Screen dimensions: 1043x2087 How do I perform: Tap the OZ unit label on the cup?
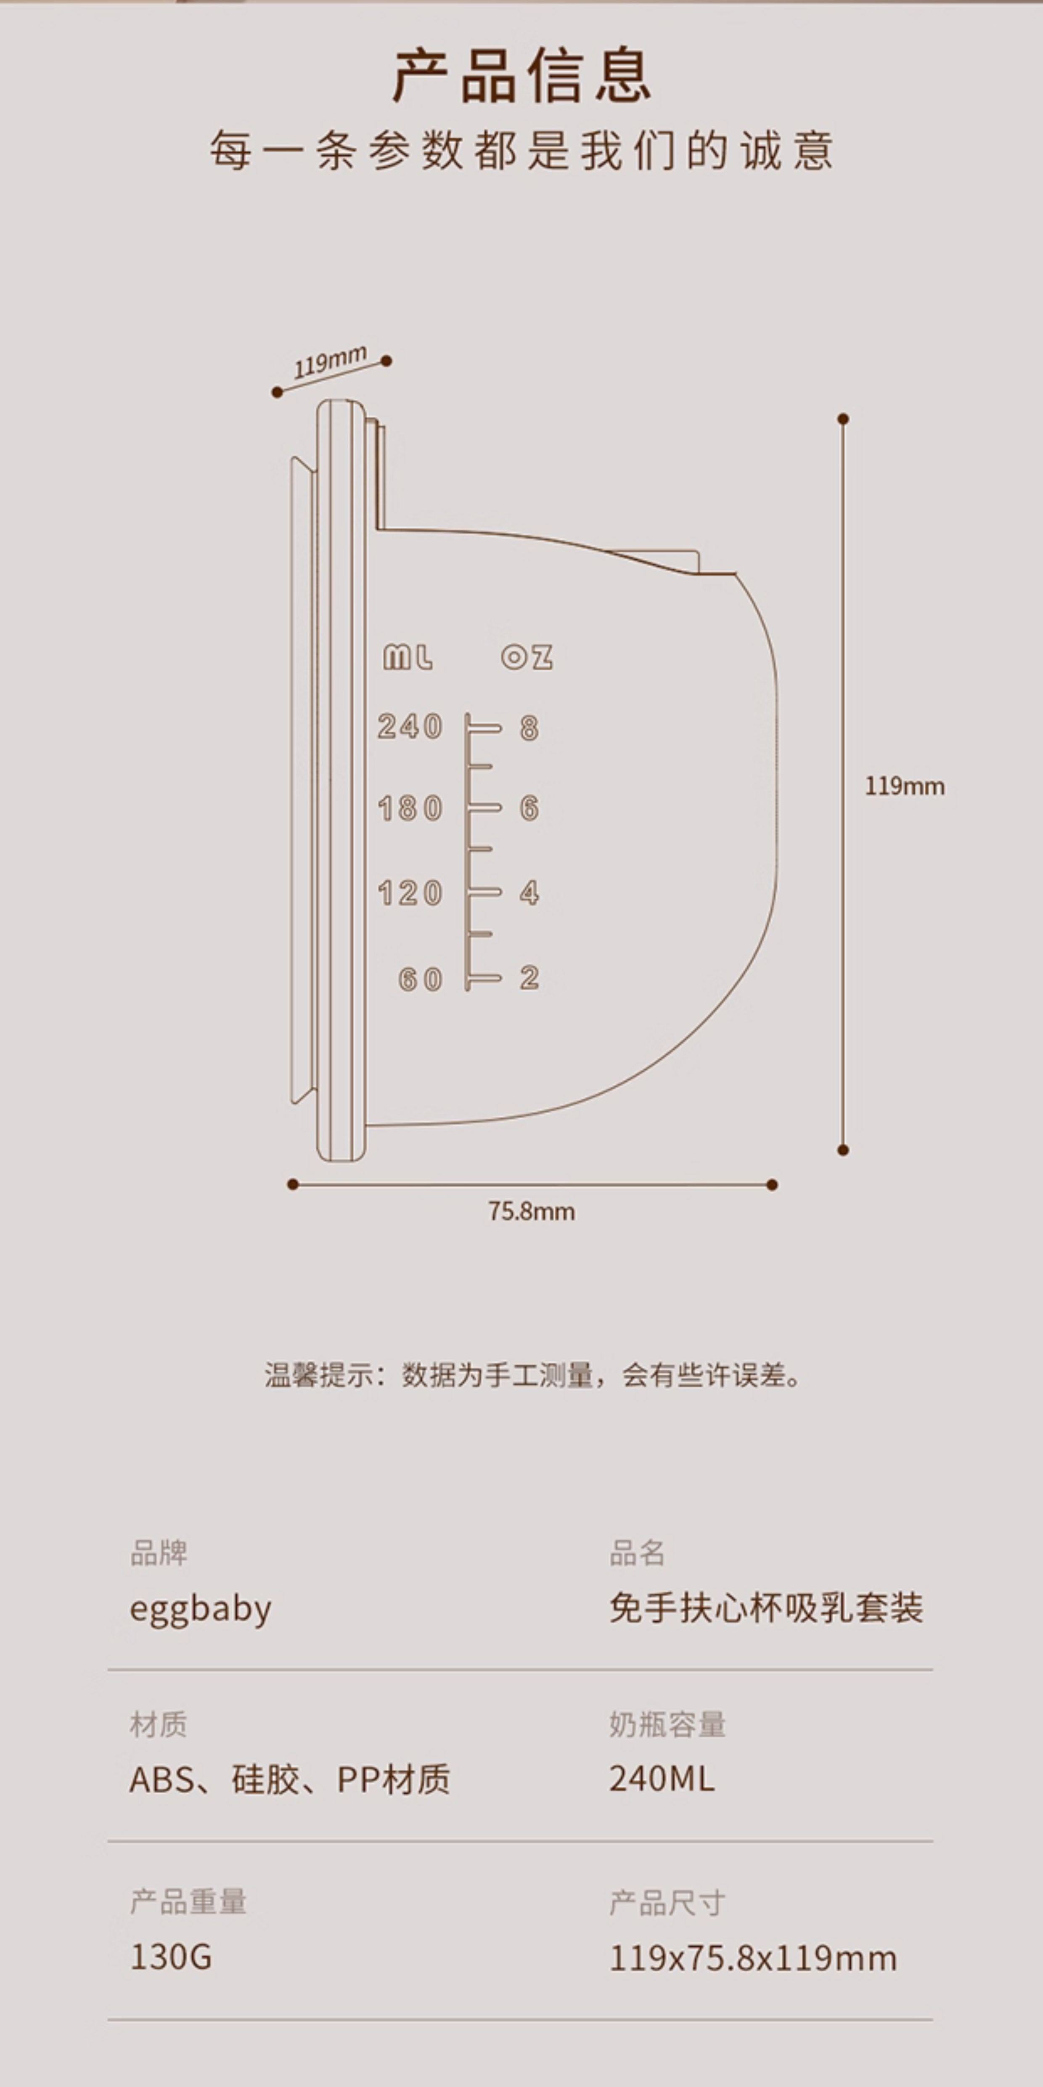coord(527,657)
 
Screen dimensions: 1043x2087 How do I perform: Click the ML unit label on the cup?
coord(408,657)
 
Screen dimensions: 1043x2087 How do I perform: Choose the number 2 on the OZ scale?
coord(529,978)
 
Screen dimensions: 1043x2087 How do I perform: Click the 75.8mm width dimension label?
coord(531,1211)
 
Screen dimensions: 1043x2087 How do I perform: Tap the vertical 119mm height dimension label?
coord(904,786)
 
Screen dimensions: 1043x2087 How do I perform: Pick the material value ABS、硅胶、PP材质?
coord(289,1780)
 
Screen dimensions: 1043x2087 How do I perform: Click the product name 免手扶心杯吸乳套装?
coord(766,1608)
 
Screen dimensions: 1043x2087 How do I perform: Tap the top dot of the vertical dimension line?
coord(843,419)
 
